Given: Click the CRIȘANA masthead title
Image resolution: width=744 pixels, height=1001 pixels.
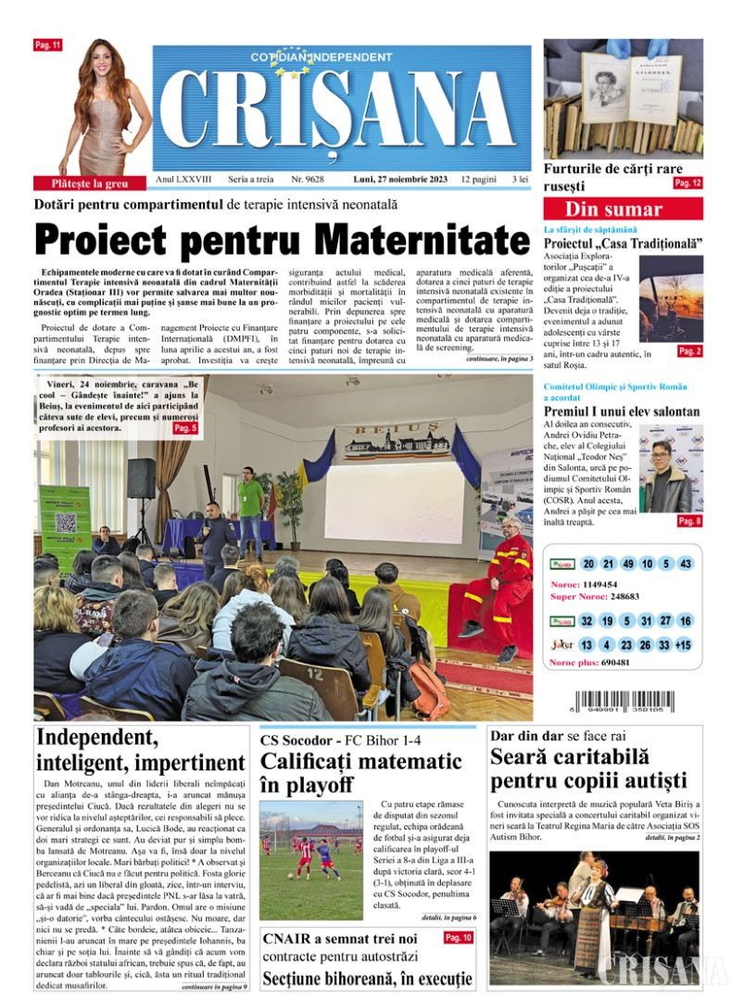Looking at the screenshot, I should pyautogui.click(x=341, y=109).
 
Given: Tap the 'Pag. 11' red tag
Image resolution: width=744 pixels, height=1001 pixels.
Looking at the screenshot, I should pyautogui.click(x=47, y=44).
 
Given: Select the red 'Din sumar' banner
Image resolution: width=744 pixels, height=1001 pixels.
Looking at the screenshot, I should pyautogui.click(x=614, y=209).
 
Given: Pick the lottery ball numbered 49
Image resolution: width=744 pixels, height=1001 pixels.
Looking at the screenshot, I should pyautogui.click(x=629, y=564).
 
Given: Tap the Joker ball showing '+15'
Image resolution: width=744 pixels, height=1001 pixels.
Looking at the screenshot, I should pyautogui.click(x=683, y=645).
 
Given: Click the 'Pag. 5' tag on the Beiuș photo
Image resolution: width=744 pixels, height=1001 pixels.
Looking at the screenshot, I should pyautogui.click(x=185, y=428).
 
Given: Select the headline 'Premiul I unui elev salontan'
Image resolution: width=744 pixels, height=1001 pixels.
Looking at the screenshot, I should pyautogui.click(x=621, y=412).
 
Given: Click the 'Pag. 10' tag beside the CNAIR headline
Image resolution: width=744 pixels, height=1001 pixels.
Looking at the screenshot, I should pyautogui.click(x=458, y=938).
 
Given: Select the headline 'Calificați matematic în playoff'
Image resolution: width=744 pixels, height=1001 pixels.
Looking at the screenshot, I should pyautogui.click(x=360, y=773).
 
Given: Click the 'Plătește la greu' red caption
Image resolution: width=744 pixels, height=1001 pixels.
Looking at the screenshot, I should pyautogui.click(x=80, y=184).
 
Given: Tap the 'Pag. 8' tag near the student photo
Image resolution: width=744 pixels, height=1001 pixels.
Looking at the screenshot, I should pyautogui.click(x=688, y=522).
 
